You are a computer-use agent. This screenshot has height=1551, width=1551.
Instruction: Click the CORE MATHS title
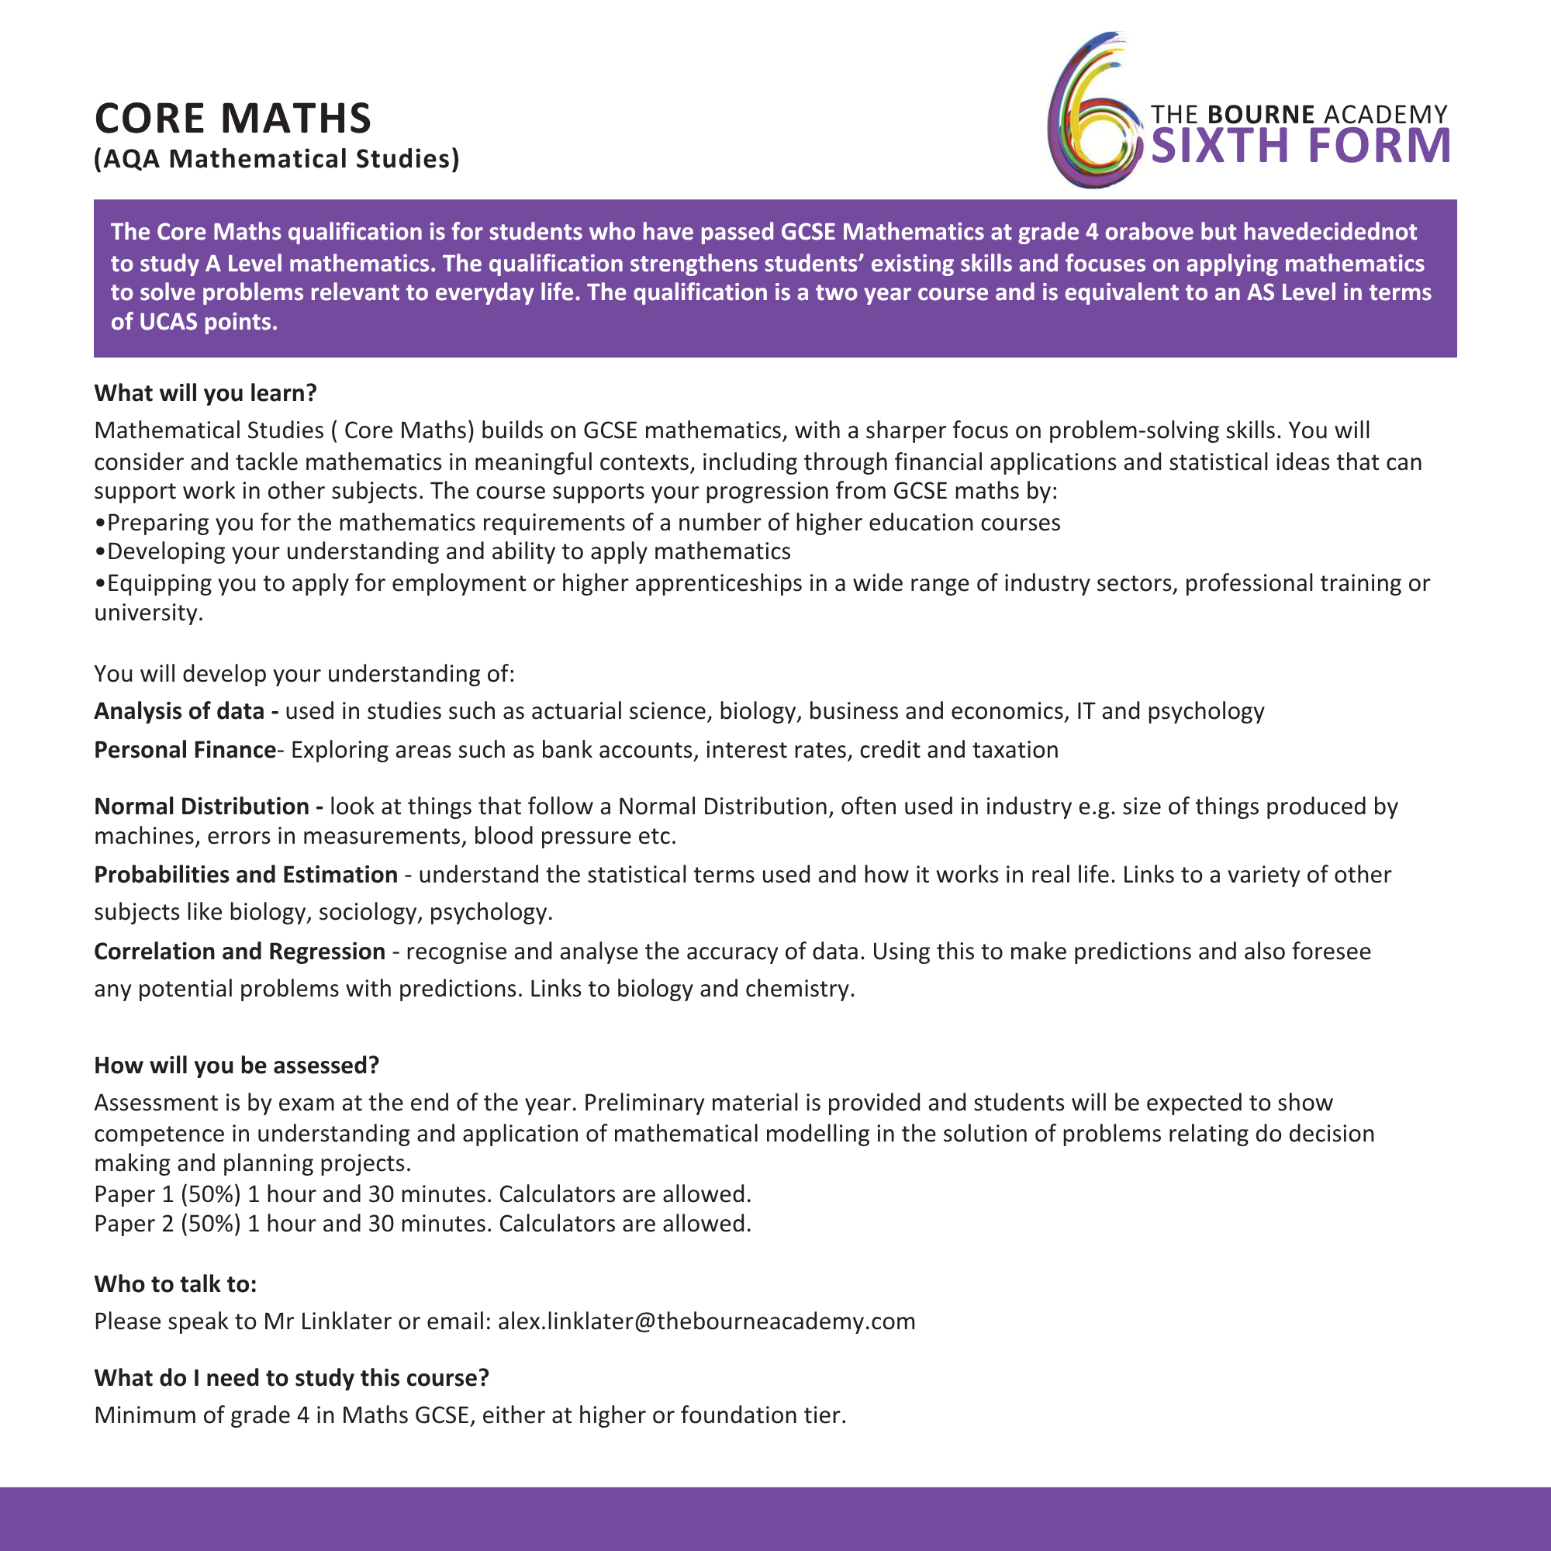[233, 118]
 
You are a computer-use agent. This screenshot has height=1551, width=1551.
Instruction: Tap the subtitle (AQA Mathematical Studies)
[277, 159]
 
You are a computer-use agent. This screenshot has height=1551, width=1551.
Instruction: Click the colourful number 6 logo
[1093, 112]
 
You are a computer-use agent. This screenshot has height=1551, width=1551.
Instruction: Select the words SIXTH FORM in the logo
[1301, 146]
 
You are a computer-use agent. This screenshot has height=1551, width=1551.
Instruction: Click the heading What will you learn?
[206, 392]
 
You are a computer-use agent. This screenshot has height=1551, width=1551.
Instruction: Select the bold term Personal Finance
[185, 750]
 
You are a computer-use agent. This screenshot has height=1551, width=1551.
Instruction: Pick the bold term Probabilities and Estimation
[246, 874]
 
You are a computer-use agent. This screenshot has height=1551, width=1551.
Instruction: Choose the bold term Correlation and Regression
[239, 952]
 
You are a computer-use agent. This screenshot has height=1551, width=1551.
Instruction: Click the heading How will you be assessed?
[236, 1066]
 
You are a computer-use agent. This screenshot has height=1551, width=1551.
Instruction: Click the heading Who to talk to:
[175, 1283]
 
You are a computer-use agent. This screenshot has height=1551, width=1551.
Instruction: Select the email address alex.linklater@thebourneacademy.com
[706, 1321]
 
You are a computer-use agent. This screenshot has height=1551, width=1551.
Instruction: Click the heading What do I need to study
[292, 1377]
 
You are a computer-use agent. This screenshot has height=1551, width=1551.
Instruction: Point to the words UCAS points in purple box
[208, 322]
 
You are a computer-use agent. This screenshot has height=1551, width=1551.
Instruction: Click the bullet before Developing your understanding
[99, 552]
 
